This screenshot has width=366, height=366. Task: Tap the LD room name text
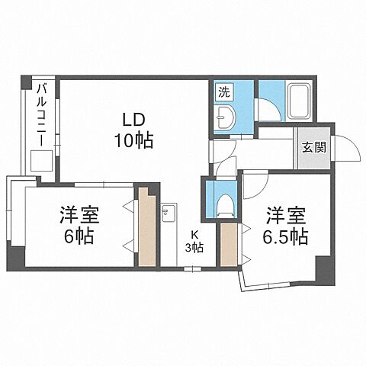coord(134,120)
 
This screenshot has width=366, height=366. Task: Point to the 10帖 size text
coord(134,141)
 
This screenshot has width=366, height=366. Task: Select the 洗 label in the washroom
coord(223,91)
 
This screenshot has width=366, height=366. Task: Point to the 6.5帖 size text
coord(287,236)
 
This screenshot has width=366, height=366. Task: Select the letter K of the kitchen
coord(195,233)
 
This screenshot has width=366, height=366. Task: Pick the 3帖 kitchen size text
coord(195,246)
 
